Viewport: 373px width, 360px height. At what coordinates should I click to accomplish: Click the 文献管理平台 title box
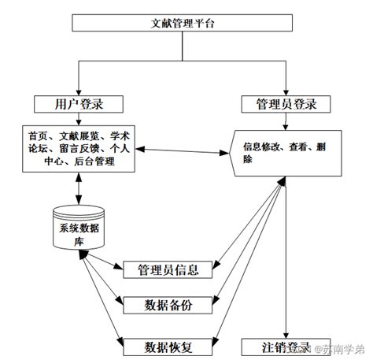point(183,22)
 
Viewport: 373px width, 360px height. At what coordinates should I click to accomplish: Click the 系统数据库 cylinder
point(77,228)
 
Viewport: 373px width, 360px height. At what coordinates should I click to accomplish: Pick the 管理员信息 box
point(168,270)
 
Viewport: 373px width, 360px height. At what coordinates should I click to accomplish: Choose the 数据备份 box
point(168,305)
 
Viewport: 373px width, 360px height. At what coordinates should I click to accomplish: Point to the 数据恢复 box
point(168,345)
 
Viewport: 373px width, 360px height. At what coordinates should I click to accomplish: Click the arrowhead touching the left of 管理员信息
point(120,270)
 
